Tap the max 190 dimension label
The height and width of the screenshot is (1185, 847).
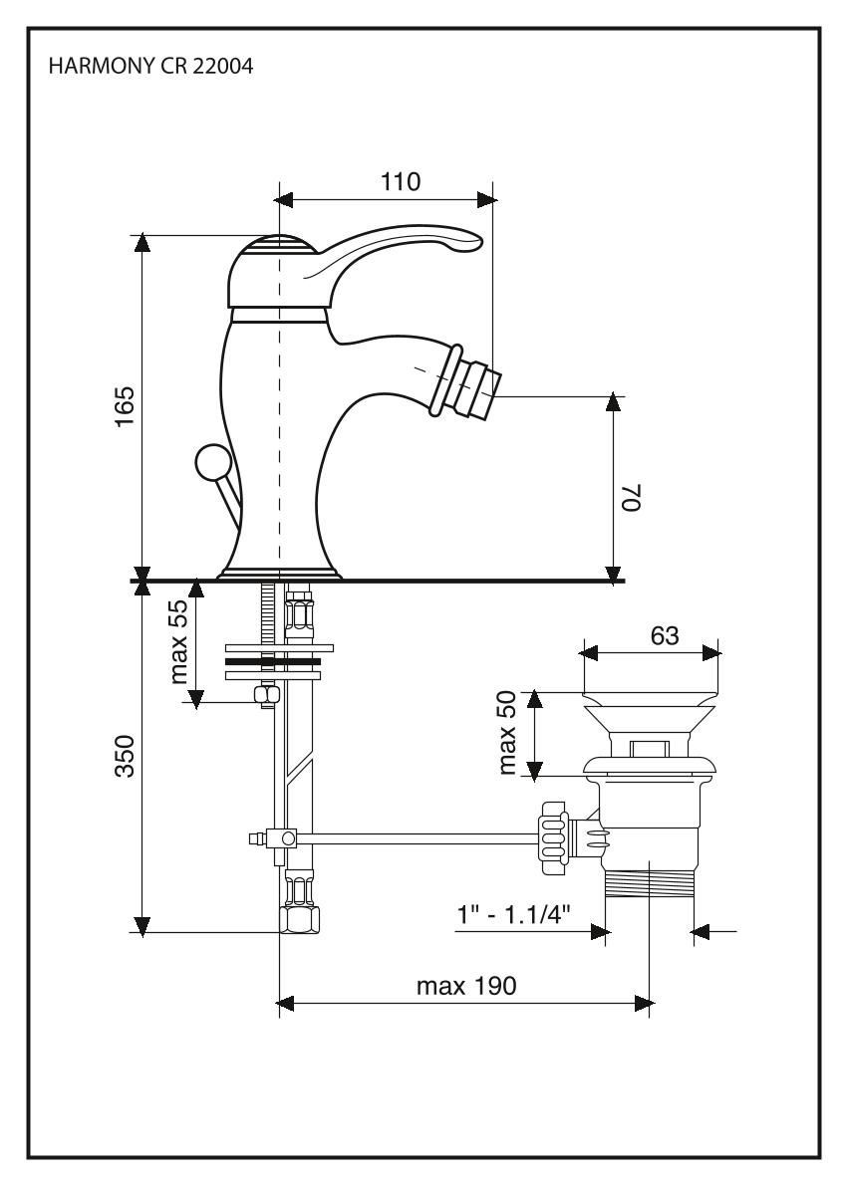(466, 987)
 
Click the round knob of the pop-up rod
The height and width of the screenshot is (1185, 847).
(211, 463)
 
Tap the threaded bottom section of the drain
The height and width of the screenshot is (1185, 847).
(651, 883)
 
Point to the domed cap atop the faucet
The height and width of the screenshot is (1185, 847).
(278, 246)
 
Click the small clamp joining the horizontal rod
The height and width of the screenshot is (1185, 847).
(288, 838)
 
